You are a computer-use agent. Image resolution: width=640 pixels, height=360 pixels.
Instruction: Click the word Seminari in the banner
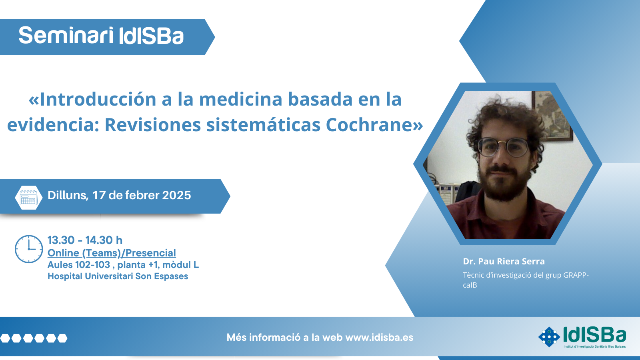pyautogui.click(x=66, y=36)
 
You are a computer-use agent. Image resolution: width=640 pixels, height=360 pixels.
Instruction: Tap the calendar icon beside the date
pyautogui.click(x=28, y=198)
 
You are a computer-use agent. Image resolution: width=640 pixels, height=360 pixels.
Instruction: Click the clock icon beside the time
pyautogui.click(x=29, y=249)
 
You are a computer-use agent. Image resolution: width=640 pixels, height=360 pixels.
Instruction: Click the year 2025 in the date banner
pyautogui.click(x=176, y=196)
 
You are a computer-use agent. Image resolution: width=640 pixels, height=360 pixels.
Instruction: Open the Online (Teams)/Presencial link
pyautogui.click(x=112, y=253)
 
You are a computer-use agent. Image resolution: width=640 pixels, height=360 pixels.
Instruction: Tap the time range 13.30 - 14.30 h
pyautogui.click(x=85, y=240)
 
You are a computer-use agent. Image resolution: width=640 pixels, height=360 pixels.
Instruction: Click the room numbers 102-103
pyautogui.click(x=92, y=265)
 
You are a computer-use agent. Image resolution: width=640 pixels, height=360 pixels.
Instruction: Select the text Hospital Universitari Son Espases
pyautogui.click(x=118, y=276)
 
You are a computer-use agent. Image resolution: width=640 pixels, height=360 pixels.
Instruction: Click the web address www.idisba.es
pyautogui.click(x=379, y=338)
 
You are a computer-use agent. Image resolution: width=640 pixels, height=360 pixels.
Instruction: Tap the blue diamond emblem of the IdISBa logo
pyautogui.click(x=549, y=337)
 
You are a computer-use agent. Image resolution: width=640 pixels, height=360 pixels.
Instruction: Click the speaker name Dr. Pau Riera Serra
pyautogui.click(x=504, y=261)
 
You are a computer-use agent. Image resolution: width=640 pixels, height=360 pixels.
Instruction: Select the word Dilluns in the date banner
pyautogui.click(x=68, y=196)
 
